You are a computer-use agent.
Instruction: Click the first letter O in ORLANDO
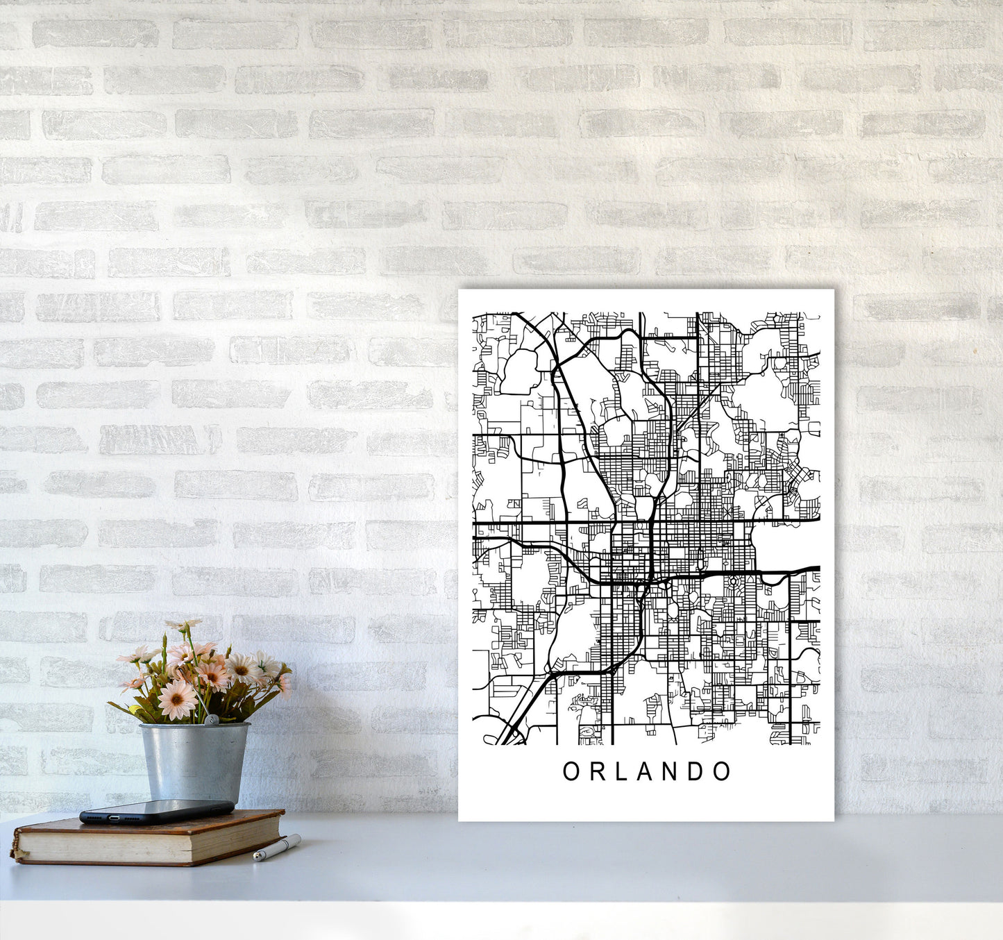tap(571, 771)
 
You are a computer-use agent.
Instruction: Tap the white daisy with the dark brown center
tap(242, 669)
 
